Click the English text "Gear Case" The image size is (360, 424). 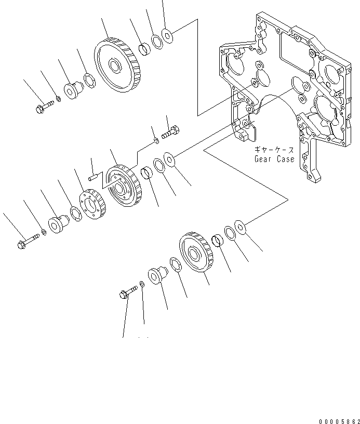pyautogui.click(x=274, y=159)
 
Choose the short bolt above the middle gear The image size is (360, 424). pyautogui.click(x=170, y=131)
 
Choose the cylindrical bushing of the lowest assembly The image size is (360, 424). pyautogui.click(x=218, y=241)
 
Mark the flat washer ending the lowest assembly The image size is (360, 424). pyautogui.click(x=241, y=226)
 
